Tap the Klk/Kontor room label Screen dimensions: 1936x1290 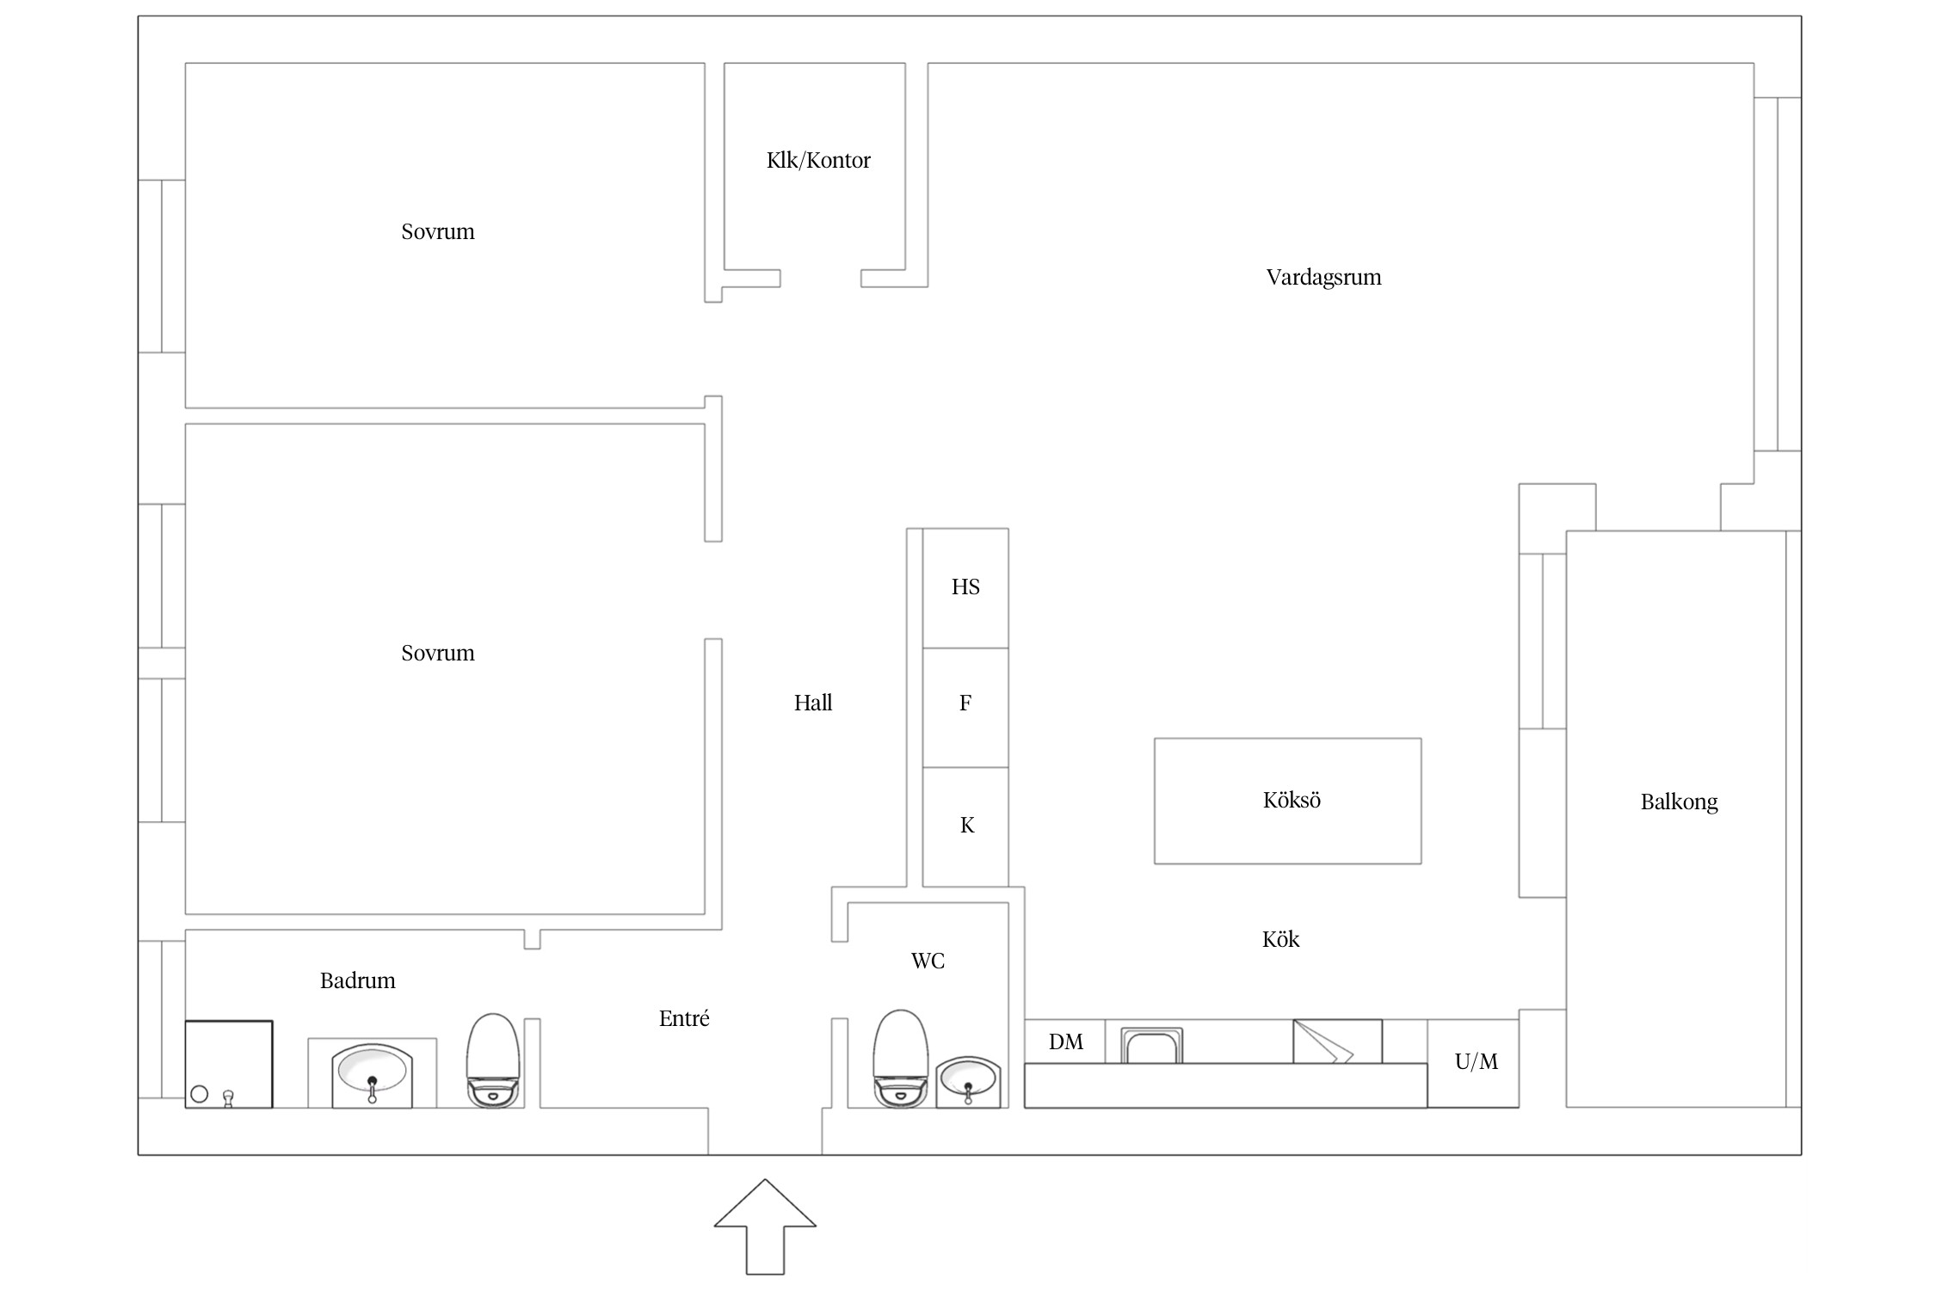(x=818, y=161)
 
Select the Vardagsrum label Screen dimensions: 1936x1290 (x=1323, y=278)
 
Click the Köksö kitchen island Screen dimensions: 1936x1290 (x=1287, y=801)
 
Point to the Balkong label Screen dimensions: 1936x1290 (x=1679, y=802)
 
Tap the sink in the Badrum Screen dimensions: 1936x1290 (x=372, y=1075)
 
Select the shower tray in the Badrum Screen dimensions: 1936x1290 (x=229, y=1064)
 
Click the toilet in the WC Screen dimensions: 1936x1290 (x=901, y=1058)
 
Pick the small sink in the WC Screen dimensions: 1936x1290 (x=968, y=1082)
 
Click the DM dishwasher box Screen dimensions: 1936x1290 (x=1065, y=1041)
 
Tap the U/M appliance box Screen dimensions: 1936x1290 (x=1473, y=1063)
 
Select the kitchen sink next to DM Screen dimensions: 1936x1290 (x=1151, y=1046)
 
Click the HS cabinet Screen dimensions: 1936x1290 (x=965, y=588)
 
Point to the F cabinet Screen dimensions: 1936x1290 (x=965, y=708)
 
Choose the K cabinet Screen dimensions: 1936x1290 (x=965, y=826)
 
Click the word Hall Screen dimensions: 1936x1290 (x=812, y=703)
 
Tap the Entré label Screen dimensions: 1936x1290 (x=684, y=1019)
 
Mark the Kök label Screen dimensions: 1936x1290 (x=1280, y=939)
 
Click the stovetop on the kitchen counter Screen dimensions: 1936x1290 (x=1337, y=1041)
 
